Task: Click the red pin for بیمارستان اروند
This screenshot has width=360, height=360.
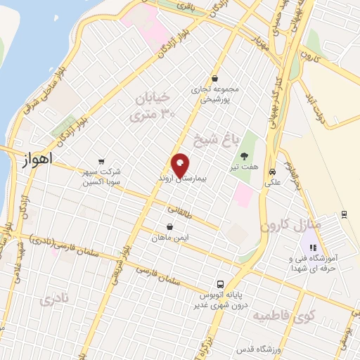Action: click(181, 165)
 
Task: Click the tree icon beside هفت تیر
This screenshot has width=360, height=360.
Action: click(244, 156)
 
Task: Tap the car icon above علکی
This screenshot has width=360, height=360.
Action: click(271, 170)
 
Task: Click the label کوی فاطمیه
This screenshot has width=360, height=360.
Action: click(282, 312)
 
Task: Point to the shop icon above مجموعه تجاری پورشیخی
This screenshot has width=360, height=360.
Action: click(214, 79)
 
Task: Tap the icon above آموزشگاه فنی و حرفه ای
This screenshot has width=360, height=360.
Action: click(313, 247)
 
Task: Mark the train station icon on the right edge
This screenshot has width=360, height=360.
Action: click(344, 214)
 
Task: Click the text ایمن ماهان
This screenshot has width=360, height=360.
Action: click(168, 238)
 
